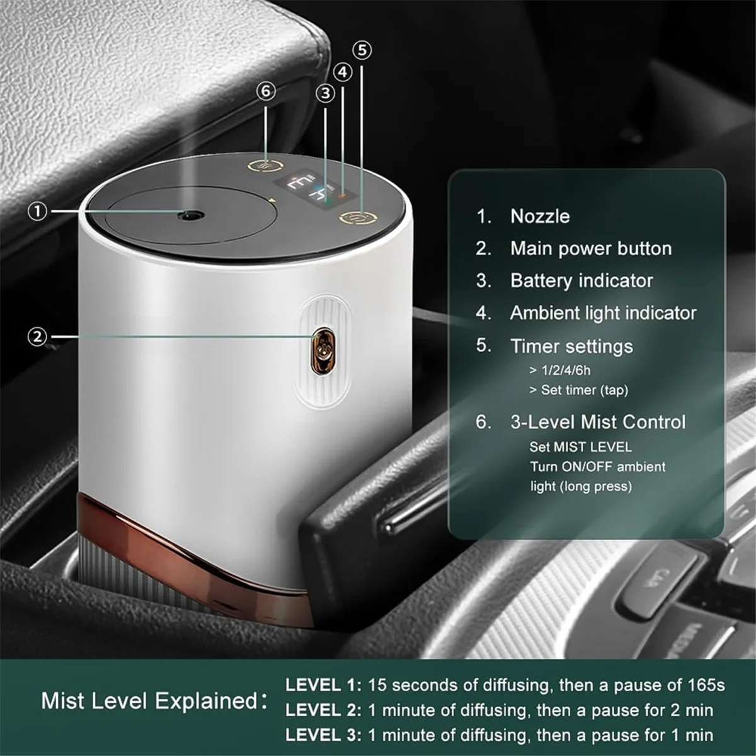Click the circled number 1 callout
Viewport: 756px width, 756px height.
pyautogui.click(x=38, y=211)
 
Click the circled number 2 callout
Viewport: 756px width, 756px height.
pyautogui.click(x=38, y=336)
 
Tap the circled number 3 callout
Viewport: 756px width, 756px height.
pyautogui.click(x=325, y=93)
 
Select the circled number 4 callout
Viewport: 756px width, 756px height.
pyautogui.click(x=343, y=72)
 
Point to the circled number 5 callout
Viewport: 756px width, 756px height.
pyautogui.click(x=362, y=50)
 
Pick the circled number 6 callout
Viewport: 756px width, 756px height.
pyautogui.click(x=266, y=91)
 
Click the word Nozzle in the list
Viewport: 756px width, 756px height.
pyautogui.click(x=540, y=216)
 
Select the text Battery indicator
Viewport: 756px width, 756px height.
pyautogui.click(x=581, y=280)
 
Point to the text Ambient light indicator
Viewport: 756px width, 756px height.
pyautogui.click(x=603, y=312)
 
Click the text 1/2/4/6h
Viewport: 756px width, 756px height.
pyautogui.click(x=565, y=370)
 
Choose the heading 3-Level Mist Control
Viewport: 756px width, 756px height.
pyautogui.click(x=597, y=421)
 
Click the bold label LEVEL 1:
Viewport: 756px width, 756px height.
pyautogui.click(x=323, y=685)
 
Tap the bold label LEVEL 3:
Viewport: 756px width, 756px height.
pyautogui.click(x=323, y=735)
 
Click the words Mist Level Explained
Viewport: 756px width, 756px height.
pyautogui.click(x=149, y=701)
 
